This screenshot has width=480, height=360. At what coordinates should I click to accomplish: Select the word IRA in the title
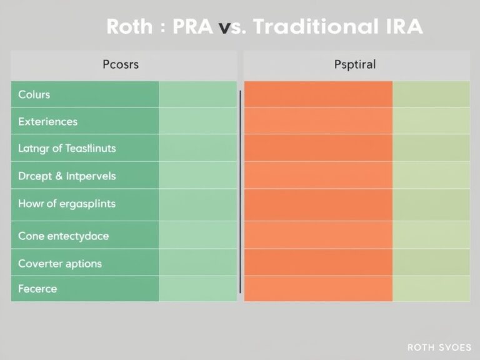tap(401, 26)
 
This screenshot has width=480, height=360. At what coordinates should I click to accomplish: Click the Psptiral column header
tap(354, 64)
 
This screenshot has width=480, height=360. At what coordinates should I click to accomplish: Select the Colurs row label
tap(34, 95)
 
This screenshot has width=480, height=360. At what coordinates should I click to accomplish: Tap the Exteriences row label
tap(48, 122)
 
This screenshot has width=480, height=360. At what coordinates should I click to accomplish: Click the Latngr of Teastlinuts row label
tap(67, 149)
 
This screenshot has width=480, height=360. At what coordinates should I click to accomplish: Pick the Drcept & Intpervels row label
tap(67, 176)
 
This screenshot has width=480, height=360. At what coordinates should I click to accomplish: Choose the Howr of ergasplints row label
tap(67, 204)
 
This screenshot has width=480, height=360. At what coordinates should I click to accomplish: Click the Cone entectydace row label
tap(63, 236)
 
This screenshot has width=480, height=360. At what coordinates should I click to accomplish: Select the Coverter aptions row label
tap(59, 263)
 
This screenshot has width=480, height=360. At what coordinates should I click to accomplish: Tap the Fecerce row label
tap(37, 289)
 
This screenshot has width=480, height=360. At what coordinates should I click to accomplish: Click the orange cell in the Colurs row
tap(317, 94)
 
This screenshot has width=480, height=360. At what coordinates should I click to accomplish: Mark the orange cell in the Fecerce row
tap(317, 289)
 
